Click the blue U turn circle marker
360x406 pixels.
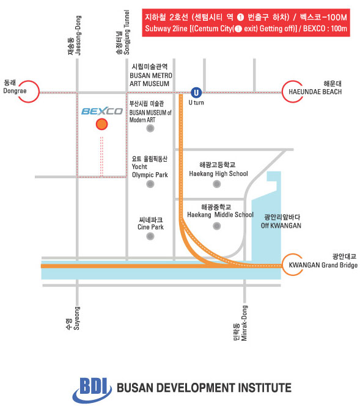[x=196, y=93]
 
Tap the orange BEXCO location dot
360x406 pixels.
[x=102, y=125]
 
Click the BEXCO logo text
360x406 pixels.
[x=102, y=111]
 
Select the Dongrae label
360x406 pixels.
[x=15, y=91]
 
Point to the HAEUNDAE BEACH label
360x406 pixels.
[x=315, y=92]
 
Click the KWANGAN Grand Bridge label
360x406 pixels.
[x=323, y=265]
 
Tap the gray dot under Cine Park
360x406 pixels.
[x=150, y=236]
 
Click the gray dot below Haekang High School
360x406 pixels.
[x=217, y=184]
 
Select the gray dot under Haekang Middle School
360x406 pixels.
[x=217, y=226]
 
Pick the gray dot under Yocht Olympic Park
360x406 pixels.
[x=150, y=184]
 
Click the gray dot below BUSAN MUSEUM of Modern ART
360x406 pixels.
[x=150, y=128]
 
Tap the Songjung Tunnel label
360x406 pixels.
[x=127, y=32]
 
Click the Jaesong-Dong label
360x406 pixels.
[x=78, y=35]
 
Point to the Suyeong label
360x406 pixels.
[x=77, y=318]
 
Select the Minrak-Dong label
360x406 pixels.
[x=244, y=323]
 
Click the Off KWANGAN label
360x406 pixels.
[x=281, y=225]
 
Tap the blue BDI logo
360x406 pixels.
[x=92, y=390]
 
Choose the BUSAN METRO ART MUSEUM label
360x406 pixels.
[x=151, y=79]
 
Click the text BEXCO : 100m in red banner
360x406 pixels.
[x=325, y=28]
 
